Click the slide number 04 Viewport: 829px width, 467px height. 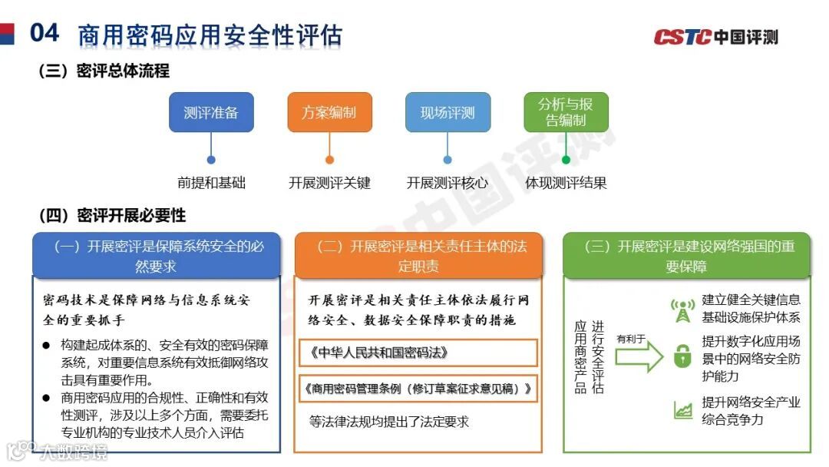[44, 33]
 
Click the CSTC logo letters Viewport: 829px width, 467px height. [682, 37]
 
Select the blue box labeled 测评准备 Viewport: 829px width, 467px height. [211, 113]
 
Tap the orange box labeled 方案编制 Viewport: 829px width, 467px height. [329, 113]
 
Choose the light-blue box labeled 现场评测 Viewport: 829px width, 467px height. [448, 113]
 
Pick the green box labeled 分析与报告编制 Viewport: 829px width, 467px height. [566, 112]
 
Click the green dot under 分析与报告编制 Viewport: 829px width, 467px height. [566, 160]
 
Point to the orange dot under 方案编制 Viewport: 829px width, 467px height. [329, 160]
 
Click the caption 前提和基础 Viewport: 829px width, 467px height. [211, 183]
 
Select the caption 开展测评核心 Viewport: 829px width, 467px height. [448, 183]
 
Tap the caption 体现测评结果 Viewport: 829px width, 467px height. [566, 183]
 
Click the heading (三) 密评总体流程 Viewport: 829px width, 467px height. [104, 71]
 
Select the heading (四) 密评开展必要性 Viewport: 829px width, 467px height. [112, 216]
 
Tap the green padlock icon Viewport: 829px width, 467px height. [682, 356]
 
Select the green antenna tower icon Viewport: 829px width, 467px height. [682, 310]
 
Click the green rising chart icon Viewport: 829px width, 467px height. [682, 411]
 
